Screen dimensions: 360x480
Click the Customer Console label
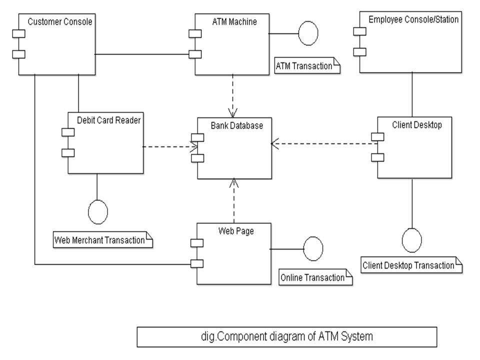[60, 21]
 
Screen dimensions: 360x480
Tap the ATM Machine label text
[234, 21]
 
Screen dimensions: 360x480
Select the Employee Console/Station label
[413, 19]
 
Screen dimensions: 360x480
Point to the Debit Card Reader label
[108, 120]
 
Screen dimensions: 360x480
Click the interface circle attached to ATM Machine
[308, 33]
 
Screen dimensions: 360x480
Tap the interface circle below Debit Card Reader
[97, 212]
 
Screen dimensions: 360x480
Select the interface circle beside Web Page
[313, 248]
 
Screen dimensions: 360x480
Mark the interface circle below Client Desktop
[412, 240]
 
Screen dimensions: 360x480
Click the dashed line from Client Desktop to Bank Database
[325, 144]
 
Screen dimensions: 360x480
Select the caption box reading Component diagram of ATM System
[286, 336]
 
